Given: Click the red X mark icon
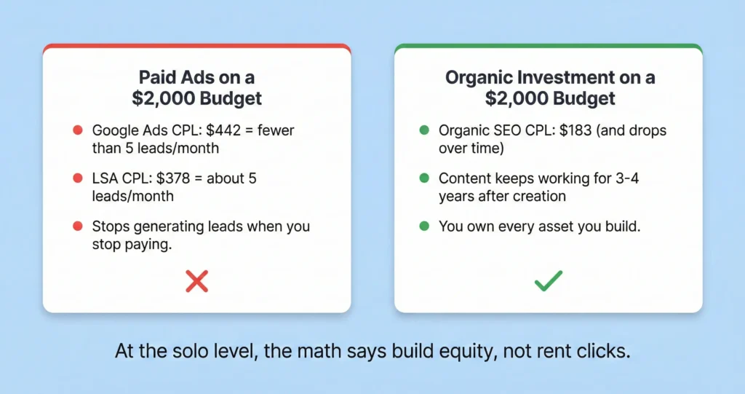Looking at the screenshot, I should [197, 280].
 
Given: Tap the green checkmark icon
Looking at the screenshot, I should [548, 280].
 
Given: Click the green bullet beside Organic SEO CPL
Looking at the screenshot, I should [424, 131].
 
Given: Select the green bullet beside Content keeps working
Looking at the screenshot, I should [424, 178].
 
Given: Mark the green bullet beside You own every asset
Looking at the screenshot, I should [424, 226].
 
